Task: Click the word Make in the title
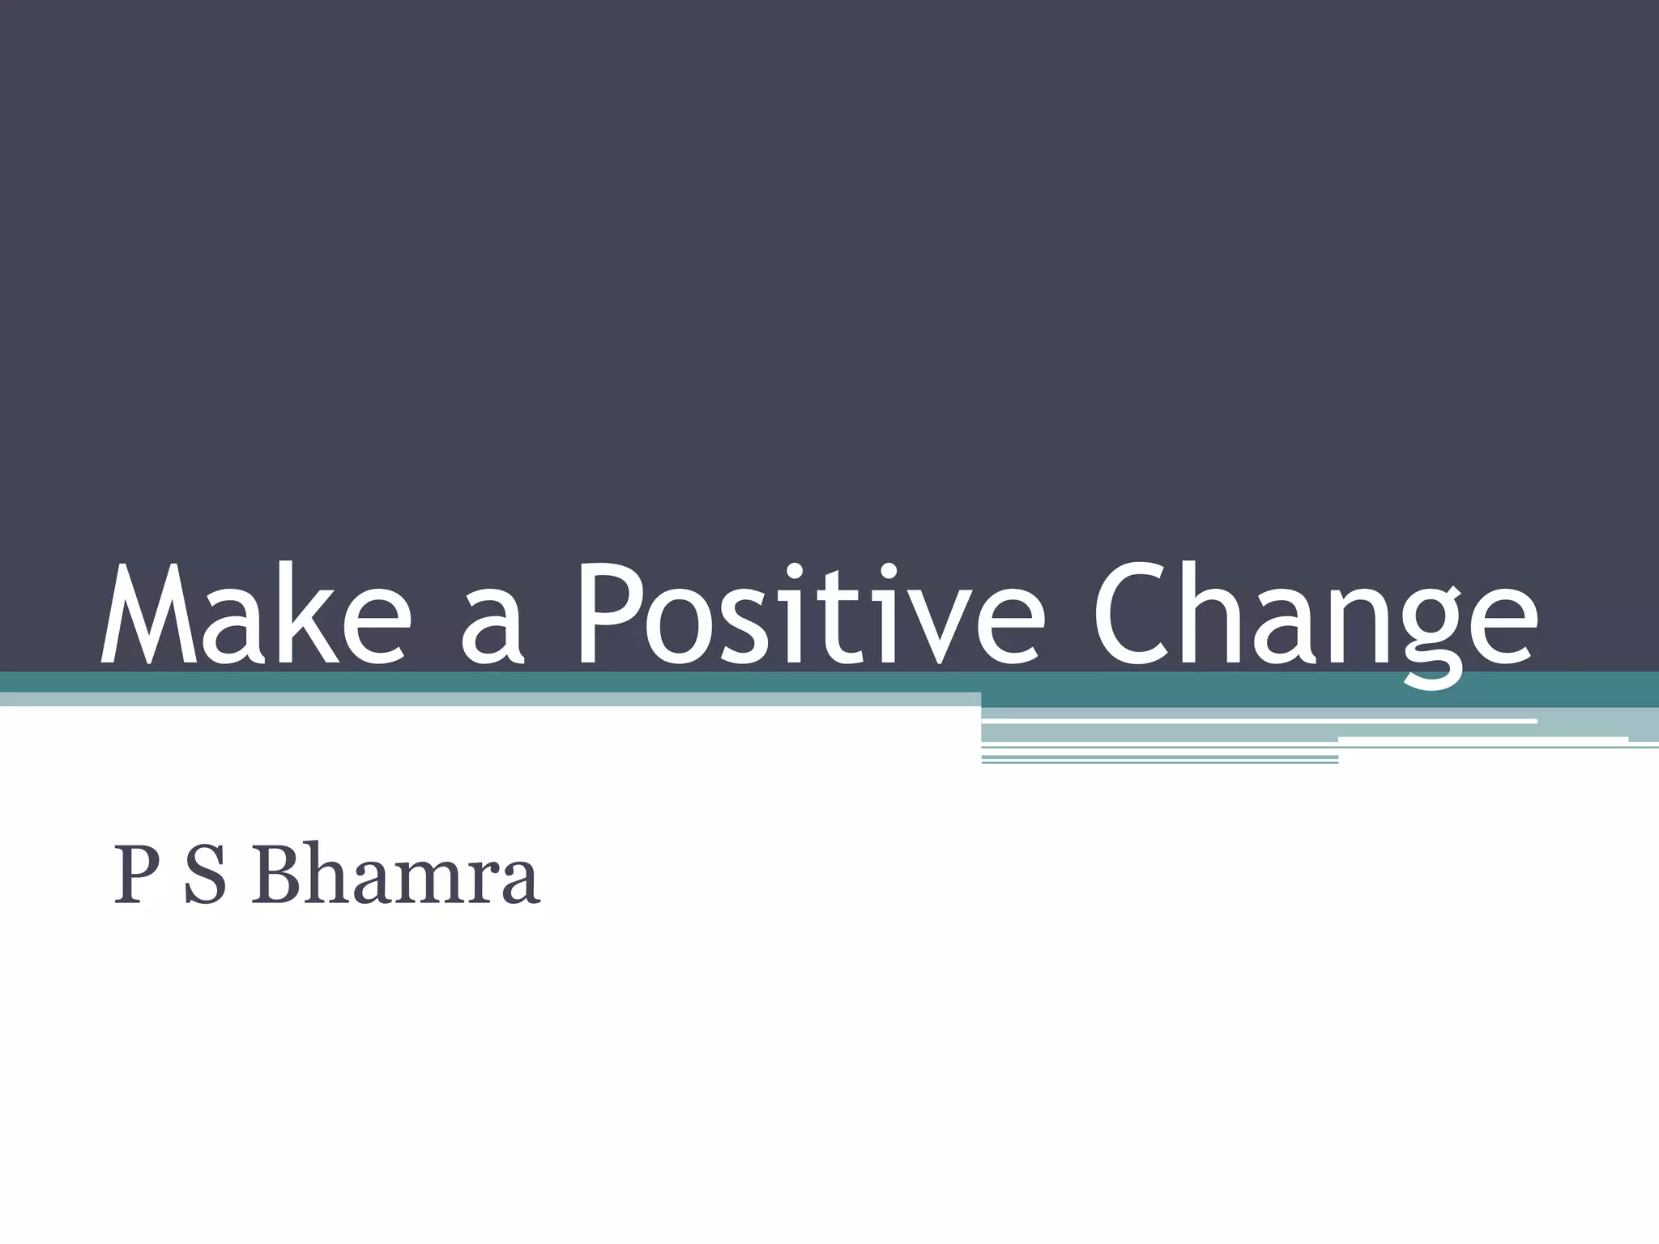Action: pos(252,614)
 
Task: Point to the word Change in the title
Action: pos(1313,620)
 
